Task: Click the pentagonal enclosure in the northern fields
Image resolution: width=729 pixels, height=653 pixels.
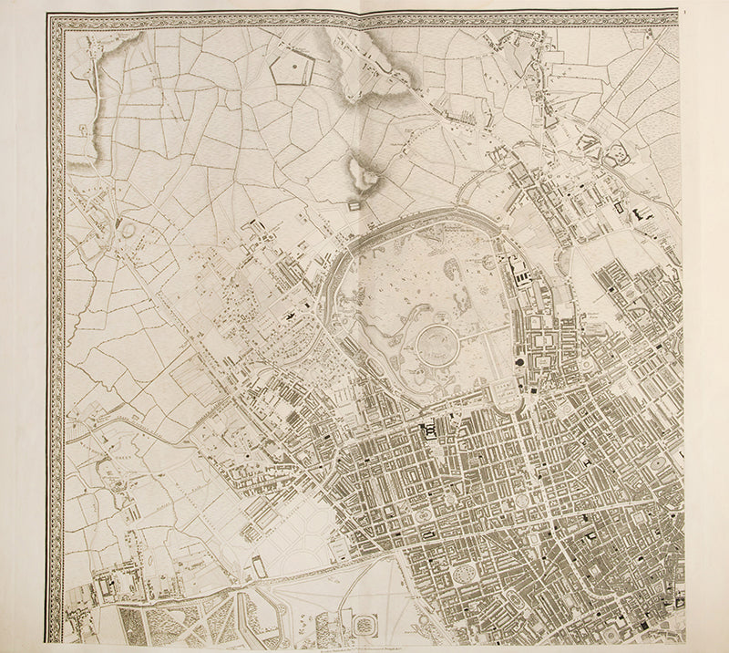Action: (x=295, y=68)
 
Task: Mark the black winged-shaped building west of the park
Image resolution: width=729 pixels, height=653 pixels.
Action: (x=291, y=315)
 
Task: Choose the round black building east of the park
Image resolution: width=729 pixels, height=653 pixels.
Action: (x=521, y=364)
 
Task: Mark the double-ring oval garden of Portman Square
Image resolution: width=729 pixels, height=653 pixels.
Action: (x=426, y=515)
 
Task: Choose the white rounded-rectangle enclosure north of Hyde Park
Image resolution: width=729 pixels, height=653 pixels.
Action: (x=259, y=568)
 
